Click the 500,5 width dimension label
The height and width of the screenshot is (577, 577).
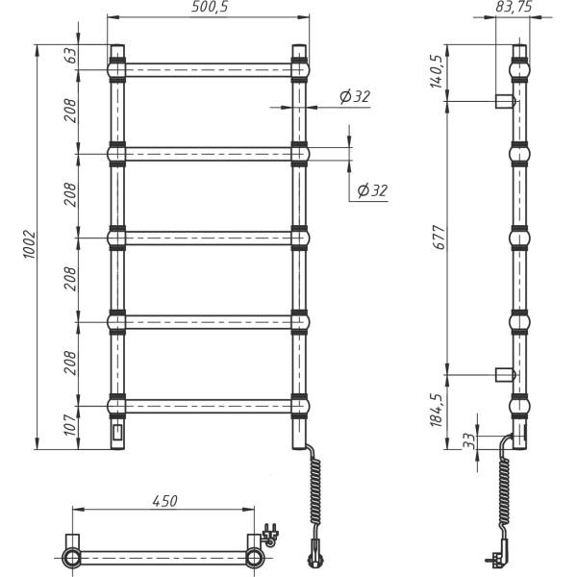(210, 7)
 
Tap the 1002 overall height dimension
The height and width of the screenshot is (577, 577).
(30, 244)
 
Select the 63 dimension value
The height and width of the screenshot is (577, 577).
(72, 56)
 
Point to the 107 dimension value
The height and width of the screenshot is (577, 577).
(70, 425)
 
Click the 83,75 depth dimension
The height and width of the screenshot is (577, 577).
(514, 7)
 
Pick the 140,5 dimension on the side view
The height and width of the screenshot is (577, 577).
(438, 72)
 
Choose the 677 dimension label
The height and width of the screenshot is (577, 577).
(439, 238)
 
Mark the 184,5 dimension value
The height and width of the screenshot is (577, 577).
(438, 410)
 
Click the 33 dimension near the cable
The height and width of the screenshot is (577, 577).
(469, 441)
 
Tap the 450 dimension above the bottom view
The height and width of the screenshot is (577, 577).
(164, 501)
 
